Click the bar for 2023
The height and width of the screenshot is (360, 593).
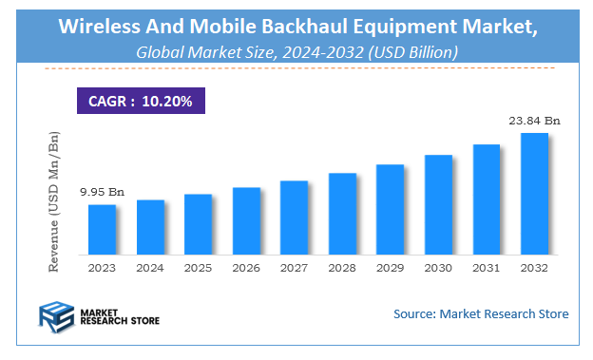coord(102,230)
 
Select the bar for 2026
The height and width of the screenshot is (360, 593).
coord(246,221)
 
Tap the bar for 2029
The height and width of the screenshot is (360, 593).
coord(390,210)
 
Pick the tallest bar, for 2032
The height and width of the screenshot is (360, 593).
coord(534,194)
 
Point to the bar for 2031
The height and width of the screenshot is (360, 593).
coord(486,199)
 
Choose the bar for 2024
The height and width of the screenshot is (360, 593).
coord(150,227)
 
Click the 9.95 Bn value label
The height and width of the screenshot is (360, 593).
coord(102,192)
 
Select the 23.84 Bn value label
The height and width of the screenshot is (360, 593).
coord(534,121)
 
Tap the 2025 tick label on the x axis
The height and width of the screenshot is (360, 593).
coord(198,269)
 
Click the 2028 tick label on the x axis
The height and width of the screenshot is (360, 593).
coord(342,269)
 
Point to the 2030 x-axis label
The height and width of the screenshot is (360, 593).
coord(438,269)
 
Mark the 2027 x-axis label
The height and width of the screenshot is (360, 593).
coord(294,269)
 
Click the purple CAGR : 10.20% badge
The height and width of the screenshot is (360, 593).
coord(140,101)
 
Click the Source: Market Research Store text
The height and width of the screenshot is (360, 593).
coord(480,313)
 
